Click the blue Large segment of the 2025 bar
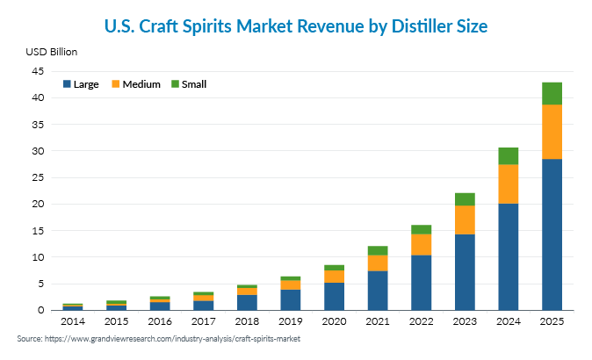552,234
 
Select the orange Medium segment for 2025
552,132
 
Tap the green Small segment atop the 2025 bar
552,93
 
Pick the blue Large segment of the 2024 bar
509,256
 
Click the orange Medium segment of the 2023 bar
465,220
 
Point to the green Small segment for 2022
422,229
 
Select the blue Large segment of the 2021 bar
378,290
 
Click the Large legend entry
80,84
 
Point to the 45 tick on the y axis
40,71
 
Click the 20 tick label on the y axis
40,205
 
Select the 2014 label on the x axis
73,322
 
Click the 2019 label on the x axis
291,322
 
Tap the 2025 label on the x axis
552,322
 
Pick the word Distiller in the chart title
415,27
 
